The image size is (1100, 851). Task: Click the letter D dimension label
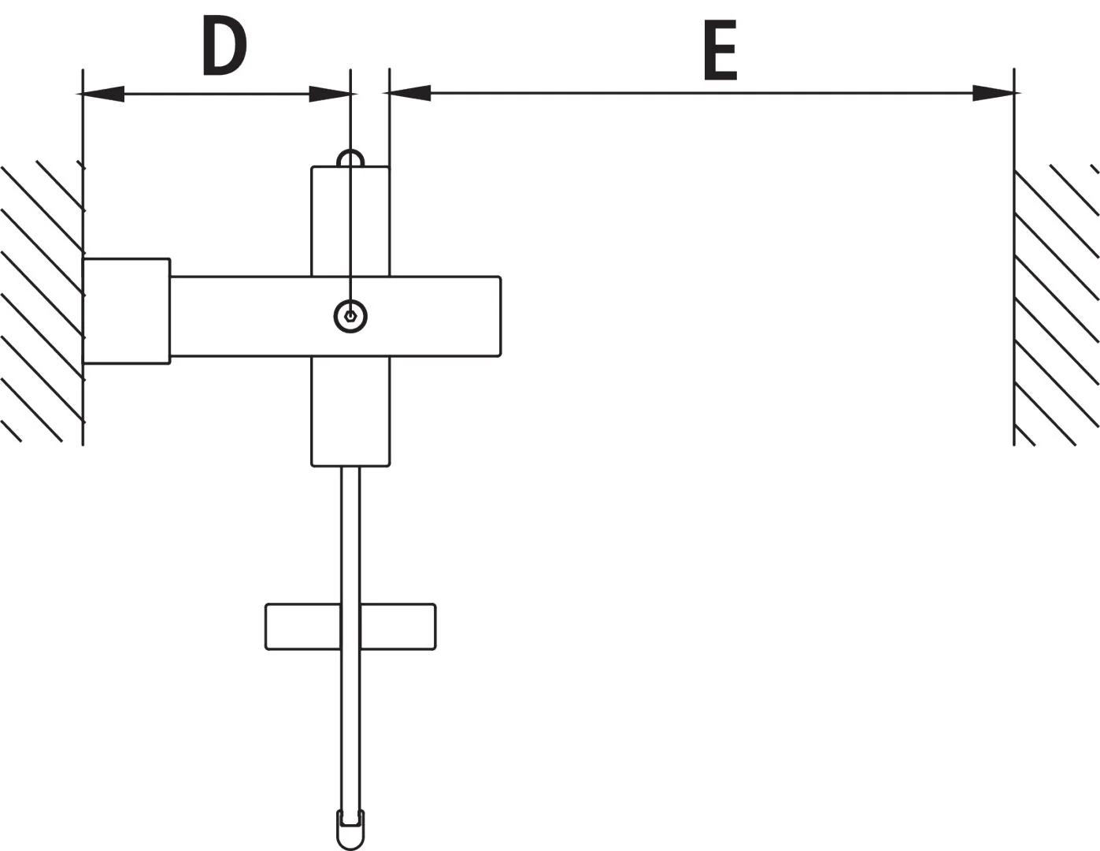pyautogui.click(x=224, y=46)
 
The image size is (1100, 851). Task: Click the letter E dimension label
pyautogui.click(x=720, y=50)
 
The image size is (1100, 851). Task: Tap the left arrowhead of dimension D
pyautogui.click(x=103, y=94)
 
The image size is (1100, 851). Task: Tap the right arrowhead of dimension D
pyautogui.click(x=330, y=94)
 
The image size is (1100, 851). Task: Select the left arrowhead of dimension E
pyautogui.click(x=410, y=93)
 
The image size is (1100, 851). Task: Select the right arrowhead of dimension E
pyautogui.click(x=993, y=93)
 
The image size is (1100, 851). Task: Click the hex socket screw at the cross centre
pyautogui.click(x=350, y=317)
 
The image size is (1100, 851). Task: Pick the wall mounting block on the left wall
pyautogui.click(x=127, y=311)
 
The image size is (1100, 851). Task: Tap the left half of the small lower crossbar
pyautogui.click(x=302, y=626)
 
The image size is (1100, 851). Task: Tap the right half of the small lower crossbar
pyautogui.click(x=398, y=626)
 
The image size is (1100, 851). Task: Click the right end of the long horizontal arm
pyautogui.click(x=501, y=317)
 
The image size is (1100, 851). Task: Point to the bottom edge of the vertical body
pyautogui.click(x=350, y=466)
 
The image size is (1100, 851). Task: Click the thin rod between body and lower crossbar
pyautogui.click(x=350, y=535)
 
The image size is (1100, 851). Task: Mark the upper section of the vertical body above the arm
pyautogui.click(x=350, y=221)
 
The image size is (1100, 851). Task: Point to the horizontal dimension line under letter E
pyautogui.click(x=702, y=93)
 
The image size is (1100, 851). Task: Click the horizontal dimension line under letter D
pyautogui.click(x=217, y=94)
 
